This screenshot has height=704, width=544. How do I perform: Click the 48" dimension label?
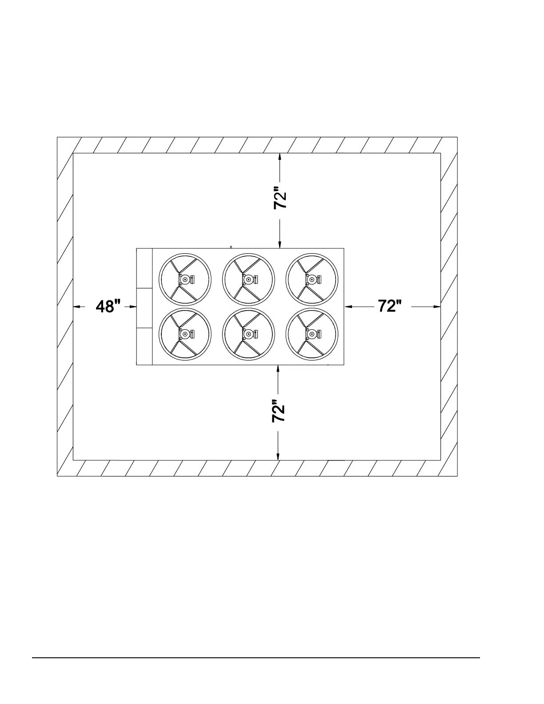(108, 306)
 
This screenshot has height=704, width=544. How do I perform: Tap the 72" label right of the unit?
(390, 306)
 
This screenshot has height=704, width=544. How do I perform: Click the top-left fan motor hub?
(185, 280)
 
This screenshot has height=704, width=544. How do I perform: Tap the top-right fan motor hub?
(312, 280)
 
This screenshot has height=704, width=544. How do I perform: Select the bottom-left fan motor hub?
(185, 334)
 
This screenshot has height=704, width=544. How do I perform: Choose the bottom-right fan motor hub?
(312, 334)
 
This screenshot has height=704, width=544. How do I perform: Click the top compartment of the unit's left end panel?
(144, 268)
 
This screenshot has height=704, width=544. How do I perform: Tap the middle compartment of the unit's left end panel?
(144, 308)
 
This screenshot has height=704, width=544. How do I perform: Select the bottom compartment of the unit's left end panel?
(144, 346)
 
